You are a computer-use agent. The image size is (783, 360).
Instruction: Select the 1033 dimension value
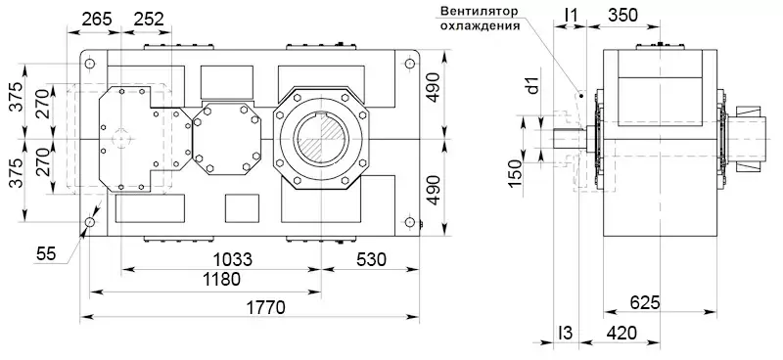pos(232,259)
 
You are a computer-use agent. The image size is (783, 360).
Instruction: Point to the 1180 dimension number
pos(219,279)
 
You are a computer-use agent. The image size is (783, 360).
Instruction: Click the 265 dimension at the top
pos(96,19)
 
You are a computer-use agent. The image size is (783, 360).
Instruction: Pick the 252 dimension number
pos(149,19)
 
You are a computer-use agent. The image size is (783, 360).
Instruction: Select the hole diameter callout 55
pos(47,254)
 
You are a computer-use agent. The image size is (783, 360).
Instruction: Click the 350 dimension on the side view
pos(622,16)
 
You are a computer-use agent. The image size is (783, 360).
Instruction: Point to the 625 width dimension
pos(645,302)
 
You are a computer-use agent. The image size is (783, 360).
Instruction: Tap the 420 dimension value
pos(621,333)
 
